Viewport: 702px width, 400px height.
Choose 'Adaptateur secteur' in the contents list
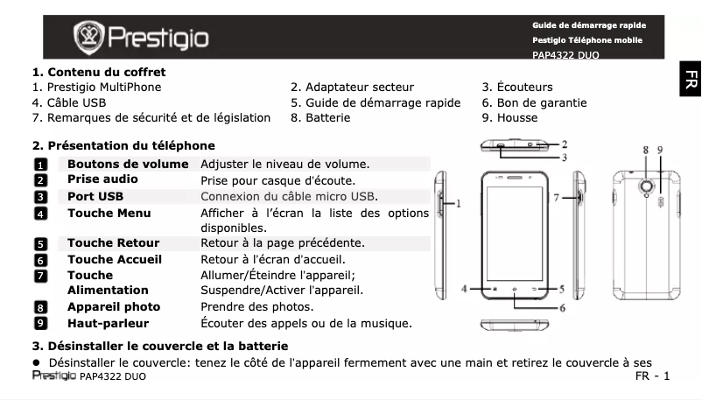pos(353,88)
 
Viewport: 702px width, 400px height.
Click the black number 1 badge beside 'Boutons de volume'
pos(40,165)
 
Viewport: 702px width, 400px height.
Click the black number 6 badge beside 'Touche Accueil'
pos(40,260)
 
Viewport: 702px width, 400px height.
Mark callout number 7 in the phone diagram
pos(557,199)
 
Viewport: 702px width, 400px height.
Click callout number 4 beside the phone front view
pos(466,287)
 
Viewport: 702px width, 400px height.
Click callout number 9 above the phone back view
pos(659,151)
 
